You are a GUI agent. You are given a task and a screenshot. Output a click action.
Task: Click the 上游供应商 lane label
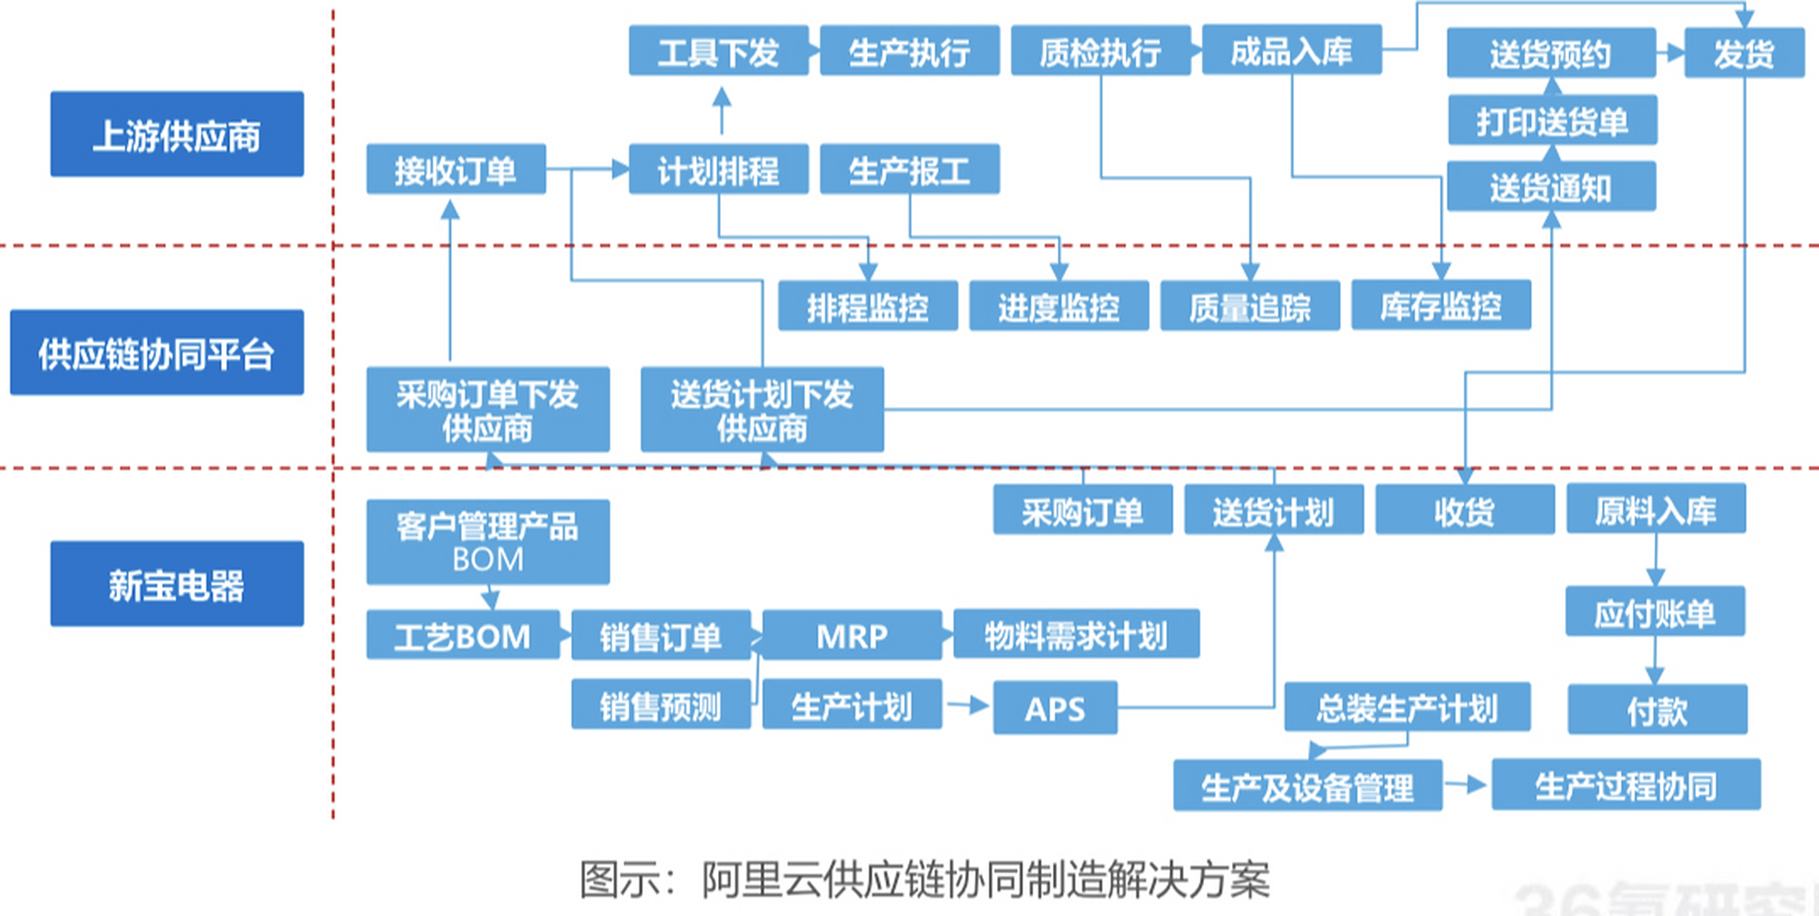[x=177, y=134]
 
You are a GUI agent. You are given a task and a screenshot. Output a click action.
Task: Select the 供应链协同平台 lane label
[x=157, y=352]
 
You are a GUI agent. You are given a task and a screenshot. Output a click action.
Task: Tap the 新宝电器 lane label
[x=177, y=584]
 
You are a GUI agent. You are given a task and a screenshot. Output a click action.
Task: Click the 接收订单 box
[x=456, y=170]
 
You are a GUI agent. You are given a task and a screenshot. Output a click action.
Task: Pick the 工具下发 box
[x=718, y=51]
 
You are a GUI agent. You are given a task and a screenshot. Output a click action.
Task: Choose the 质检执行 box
[x=1100, y=51]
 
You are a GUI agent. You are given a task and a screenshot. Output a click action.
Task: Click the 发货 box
[x=1744, y=53]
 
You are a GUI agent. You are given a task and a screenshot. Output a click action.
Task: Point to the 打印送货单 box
[x=1552, y=120]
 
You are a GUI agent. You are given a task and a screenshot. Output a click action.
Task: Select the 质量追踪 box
[x=1250, y=306]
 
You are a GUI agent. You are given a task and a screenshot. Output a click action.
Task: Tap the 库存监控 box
[x=1441, y=306]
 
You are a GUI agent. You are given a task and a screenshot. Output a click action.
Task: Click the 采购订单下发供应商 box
[x=488, y=409]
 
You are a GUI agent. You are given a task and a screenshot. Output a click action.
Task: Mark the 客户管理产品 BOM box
[x=488, y=542]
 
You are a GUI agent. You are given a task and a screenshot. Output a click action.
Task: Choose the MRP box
[x=852, y=635]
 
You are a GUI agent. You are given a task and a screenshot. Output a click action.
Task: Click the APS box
[x=1054, y=708]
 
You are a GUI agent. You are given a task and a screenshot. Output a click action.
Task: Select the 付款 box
[x=1657, y=710]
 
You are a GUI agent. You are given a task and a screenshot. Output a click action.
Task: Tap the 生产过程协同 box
[x=1626, y=785]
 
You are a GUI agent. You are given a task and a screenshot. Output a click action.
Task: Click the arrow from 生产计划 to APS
[x=967, y=706]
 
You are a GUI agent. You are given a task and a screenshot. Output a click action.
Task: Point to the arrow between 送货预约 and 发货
[x=1671, y=53]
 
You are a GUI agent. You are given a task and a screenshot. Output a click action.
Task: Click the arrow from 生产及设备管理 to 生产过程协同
[x=1466, y=784]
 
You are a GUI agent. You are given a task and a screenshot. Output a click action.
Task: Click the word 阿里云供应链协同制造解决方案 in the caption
[x=986, y=879]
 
